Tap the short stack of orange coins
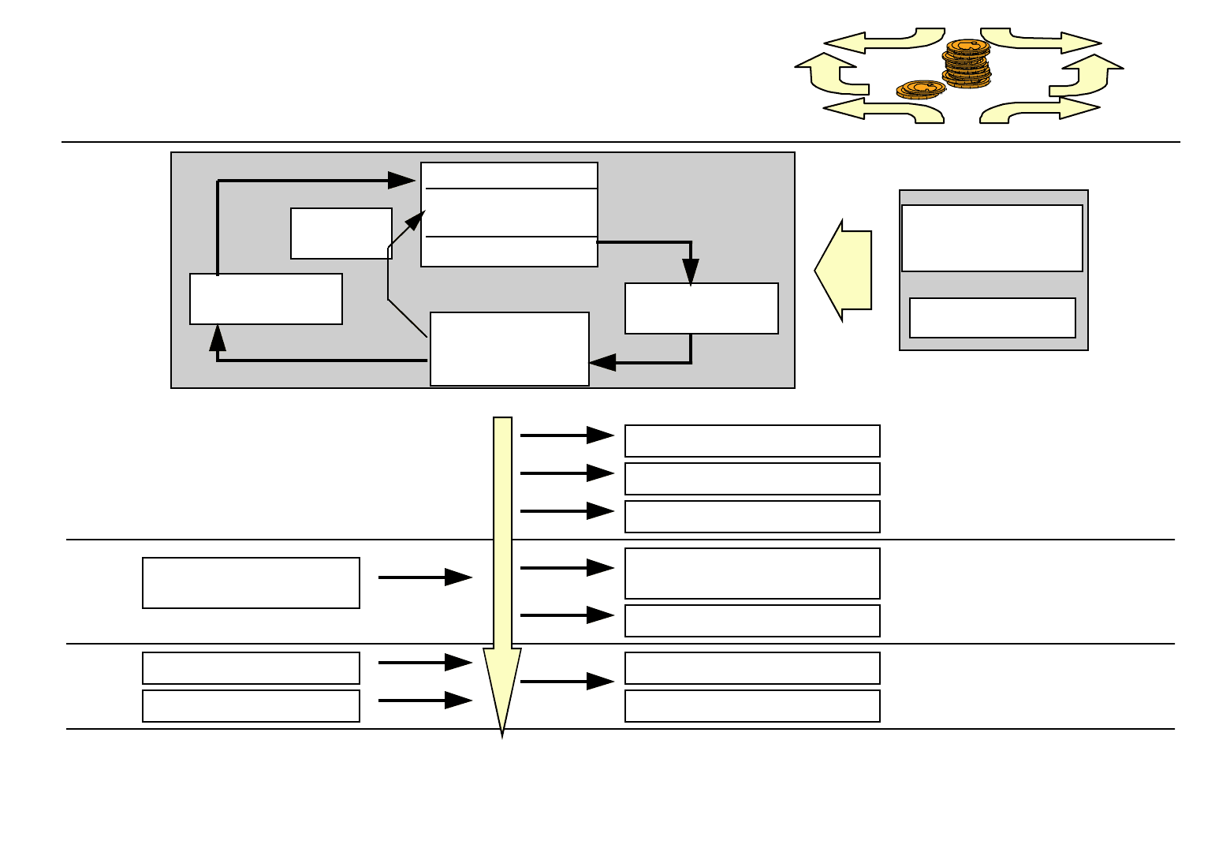[920, 89]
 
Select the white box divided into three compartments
[509, 214]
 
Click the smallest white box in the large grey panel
[341, 233]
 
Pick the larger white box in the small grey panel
[991, 237]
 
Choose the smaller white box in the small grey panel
[992, 317]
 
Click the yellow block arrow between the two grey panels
[843, 270]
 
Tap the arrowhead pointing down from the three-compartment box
[691, 272]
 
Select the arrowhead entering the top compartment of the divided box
[402, 181]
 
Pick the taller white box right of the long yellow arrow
[751, 573]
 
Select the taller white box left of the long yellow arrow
[251, 582]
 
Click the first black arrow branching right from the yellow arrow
[567, 435]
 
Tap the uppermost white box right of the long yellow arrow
[751, 440]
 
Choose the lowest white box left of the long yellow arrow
[251, 705]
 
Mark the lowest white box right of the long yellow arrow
[751, 705]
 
